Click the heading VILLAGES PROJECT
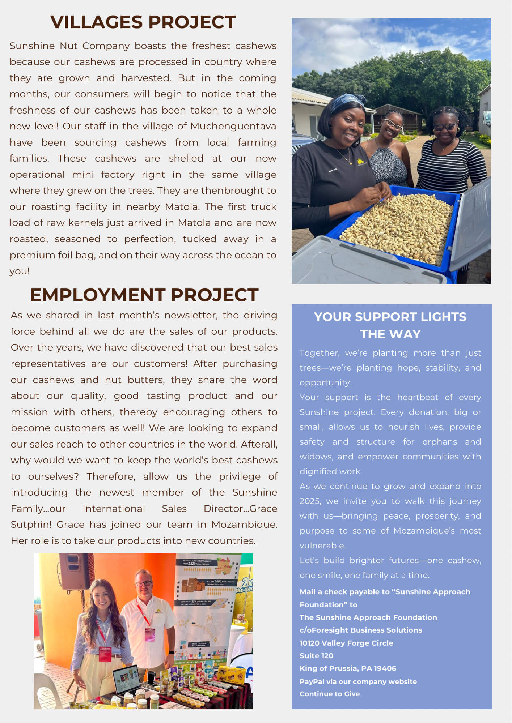point(143,22)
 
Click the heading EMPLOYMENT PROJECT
point(144,295)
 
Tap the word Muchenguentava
point(233,126)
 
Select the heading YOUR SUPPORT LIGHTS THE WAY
point(390,325)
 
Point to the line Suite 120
point(316,656)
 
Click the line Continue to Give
point(329,694)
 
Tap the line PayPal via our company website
point(358,681)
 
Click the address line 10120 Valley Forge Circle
point(346,643)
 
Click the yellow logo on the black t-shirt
point(361,162)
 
